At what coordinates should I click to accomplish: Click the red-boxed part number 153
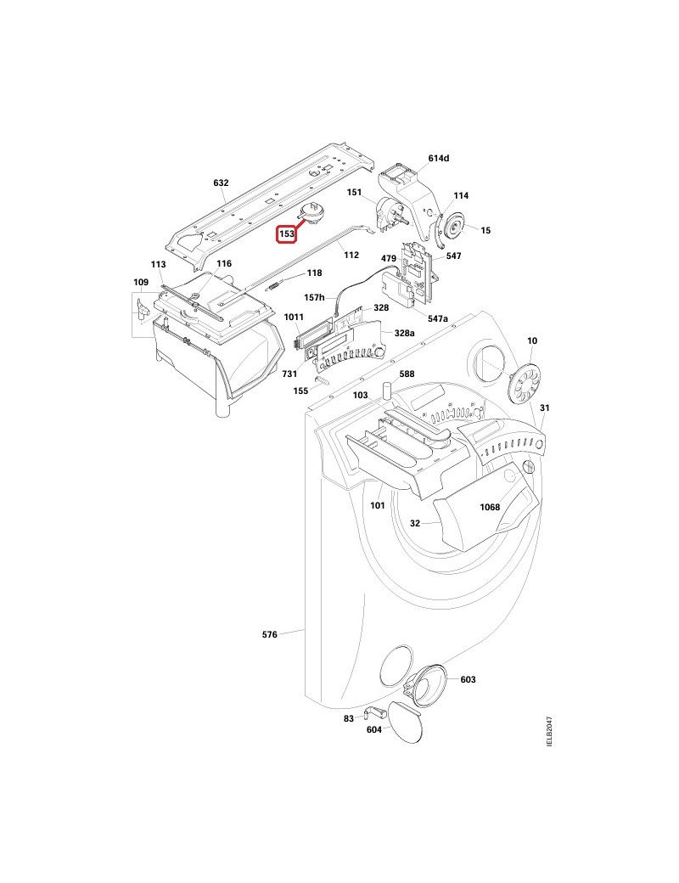(287, 233)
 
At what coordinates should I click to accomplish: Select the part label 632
(221, 183)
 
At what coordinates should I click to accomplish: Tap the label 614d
(439, 159)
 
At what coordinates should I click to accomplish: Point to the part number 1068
(489, 507)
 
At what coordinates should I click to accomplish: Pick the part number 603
(468, 679)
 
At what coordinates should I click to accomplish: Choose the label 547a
(436, 318)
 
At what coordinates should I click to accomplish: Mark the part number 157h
(315, 298)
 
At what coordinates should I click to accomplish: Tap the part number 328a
(402, 334)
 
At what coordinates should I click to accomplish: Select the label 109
(141, 282)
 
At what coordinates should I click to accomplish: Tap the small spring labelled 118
(273, 286)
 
